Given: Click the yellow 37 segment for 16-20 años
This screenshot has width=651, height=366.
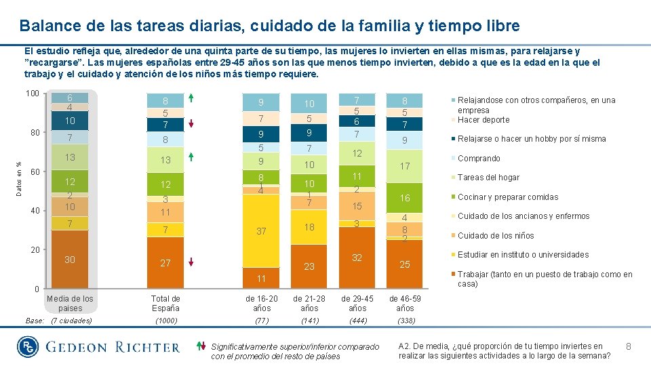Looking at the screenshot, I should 261,232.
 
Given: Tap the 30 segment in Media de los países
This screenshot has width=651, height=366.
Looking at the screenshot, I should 70,260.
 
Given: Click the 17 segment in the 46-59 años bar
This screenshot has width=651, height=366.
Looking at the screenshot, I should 405,166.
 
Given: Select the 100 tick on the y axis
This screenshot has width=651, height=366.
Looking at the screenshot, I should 33,93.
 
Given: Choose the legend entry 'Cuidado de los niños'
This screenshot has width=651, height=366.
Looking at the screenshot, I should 496,236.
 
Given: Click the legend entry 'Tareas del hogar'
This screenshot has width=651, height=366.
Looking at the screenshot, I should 488,178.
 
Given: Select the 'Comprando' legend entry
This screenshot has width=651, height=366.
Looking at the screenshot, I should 479,159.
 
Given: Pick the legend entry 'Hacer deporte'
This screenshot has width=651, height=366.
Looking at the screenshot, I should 484,120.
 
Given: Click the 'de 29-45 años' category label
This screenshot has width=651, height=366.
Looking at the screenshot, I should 357,303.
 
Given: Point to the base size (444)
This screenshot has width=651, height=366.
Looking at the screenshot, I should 357,321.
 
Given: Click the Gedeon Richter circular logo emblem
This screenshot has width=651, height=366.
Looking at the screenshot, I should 27,347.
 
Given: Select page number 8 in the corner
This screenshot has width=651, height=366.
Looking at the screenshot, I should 629,347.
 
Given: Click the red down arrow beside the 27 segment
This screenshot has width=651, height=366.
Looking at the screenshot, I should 192,262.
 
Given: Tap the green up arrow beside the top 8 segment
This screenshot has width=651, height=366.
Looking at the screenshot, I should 192,99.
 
